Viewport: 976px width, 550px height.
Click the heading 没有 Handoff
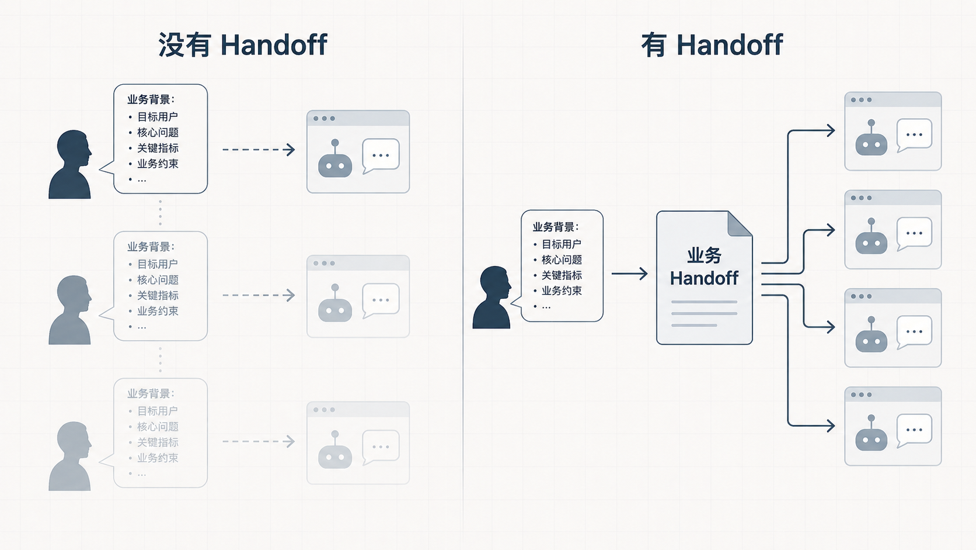click(x=242, y=45)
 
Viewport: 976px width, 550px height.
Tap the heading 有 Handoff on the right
click(x=712, y=45)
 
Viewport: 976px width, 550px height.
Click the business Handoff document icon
click(x=704, y=278)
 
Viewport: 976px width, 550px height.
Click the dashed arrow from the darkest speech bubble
click(x=258, y=150)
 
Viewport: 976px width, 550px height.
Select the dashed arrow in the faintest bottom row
click(x=258, y=441)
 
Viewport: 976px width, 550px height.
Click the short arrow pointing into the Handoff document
click(x=629, y=274)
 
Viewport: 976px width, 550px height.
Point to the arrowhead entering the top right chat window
click(x=830, y=131)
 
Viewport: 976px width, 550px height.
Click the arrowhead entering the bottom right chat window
click(x=830, y=426)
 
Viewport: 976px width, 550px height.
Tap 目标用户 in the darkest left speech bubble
click(x=158, y=117)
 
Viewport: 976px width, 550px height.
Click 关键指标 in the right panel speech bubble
click(x=562, y=275)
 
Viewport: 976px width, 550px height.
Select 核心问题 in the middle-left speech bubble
click(x=158, y=280)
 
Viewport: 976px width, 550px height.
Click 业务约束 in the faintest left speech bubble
click(x=158, y=458)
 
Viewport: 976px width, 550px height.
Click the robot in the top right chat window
click(x=872, y=140)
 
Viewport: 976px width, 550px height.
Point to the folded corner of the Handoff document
click(x=740, y=224)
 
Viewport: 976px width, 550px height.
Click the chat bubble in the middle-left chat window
click(x=381, y=300)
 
